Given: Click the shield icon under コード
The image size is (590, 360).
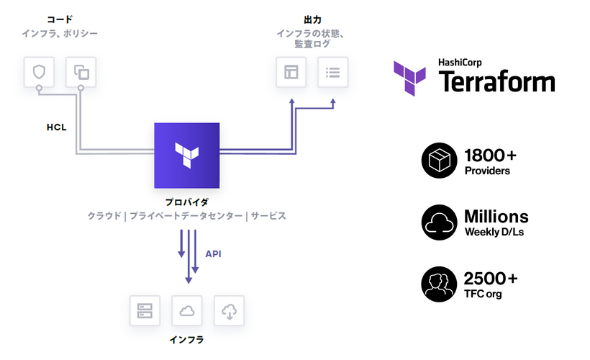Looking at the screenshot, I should (x=39, y=71).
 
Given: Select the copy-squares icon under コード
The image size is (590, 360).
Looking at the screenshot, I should (x=81, y=71).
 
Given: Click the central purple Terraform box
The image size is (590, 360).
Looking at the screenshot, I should (x=187, y=156).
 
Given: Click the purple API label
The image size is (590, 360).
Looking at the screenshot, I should (x=214, y=254).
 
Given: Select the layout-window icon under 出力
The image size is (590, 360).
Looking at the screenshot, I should (x=291, y=72).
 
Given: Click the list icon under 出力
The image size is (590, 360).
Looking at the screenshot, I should (x=333, y=72).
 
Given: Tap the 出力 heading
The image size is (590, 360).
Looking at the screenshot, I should (x=313, y=19).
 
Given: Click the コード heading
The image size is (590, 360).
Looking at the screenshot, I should (x=60, y=19).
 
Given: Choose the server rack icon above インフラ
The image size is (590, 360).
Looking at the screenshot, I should (x=145, y=311).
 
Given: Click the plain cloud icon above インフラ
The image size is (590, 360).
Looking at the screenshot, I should (x=187, y=311).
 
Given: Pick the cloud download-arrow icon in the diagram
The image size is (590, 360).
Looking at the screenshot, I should (x=230, y=311).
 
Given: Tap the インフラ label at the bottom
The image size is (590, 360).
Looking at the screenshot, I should (x=187, y=339).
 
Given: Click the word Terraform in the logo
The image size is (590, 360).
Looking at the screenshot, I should (x=496, y=81).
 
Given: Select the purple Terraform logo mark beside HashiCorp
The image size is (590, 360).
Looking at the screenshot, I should (x=412, y=77).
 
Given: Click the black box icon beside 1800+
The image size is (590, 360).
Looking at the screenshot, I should (x=438, y=161).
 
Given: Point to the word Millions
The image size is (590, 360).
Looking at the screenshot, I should (x=496, y=216).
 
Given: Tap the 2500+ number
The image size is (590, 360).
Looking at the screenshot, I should (x=491, y=279).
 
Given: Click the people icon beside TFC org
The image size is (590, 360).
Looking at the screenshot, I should (x=438, y=285).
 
